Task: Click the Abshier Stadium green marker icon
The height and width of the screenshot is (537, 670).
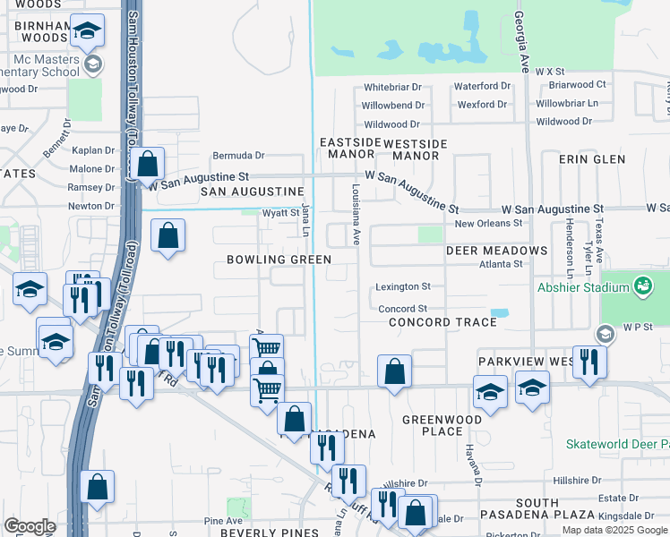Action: pos(642,286)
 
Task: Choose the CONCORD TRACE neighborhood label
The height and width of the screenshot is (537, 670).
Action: pos(442,322)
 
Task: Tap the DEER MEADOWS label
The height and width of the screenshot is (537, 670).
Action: pos(496,251)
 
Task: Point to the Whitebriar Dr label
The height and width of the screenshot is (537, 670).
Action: pos(392,88)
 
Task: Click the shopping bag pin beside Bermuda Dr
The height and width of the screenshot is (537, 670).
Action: pos(150,165)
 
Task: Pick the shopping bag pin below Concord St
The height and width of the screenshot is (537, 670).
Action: pos(394,370)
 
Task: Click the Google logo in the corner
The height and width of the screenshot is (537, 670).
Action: pos(30,526)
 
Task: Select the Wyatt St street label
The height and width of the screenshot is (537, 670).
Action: pos(280,213)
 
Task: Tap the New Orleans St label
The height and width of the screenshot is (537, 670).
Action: pos(487,224)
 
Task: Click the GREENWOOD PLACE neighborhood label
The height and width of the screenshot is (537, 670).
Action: pos(432,425)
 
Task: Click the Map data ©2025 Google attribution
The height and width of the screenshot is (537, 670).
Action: pos(614,530)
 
